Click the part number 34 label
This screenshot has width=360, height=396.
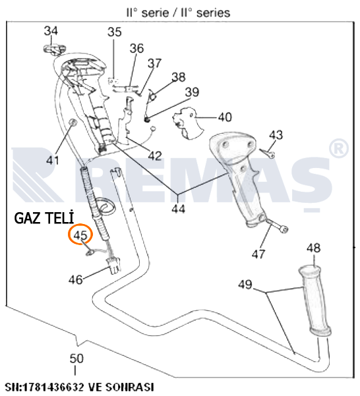[x=51, y=31]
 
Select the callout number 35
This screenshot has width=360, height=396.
[x=115, y=32]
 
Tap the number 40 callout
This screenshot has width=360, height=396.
[x=225, y=117]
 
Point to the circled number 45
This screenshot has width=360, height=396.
[x=80, y=235]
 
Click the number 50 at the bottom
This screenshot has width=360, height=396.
[x=76, y=358]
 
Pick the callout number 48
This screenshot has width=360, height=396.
[x=313, y=248]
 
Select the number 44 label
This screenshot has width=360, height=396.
[x=179, y=209]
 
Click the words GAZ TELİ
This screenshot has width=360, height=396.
[x=44, y=217]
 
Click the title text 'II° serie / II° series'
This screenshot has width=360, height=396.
[x=178, y=13]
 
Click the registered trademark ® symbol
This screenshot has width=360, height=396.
[x=339, y=149]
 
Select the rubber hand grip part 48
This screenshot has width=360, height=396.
[x=315, y=300]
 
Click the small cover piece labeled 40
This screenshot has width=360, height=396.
[x=187, y=123]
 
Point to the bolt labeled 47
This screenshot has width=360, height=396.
[x=278, y=225]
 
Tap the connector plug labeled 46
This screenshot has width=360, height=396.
[x=113, y=266]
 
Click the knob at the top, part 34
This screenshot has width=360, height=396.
[x=55, y=49]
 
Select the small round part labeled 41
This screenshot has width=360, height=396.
[x=73, y=123]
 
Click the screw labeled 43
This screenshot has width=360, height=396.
[x=267, y=153]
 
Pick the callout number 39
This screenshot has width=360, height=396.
[x=192, y=92]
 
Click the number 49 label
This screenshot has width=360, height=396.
[x=245, y=285]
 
